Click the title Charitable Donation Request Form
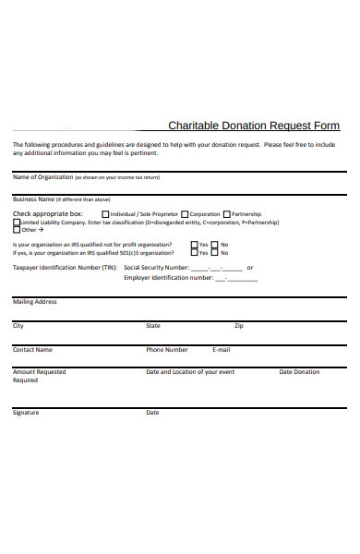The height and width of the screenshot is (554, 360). point(254,126)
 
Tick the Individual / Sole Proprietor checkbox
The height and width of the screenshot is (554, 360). point(104,214)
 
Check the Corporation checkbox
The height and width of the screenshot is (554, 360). point(186,214)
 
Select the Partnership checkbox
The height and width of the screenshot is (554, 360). point(226,214)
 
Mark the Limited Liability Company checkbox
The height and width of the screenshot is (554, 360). point(16,222)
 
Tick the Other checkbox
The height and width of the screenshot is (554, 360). point(16,230)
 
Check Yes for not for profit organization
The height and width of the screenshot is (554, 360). point(194,245)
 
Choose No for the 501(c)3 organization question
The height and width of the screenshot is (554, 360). point(214,252)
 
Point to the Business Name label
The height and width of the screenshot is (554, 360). point(33,199)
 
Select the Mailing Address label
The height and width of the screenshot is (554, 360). point(35,302)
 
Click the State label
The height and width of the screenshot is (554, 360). point(153,326)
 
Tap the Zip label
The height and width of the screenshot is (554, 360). point(239,326)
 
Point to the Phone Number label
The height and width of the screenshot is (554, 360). point(167,350)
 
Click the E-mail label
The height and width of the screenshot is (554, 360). point(222,350)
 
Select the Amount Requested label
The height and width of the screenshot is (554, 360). point(39,372)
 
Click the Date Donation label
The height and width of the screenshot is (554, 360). point(299,372)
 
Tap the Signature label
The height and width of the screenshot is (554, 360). point(26,413)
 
